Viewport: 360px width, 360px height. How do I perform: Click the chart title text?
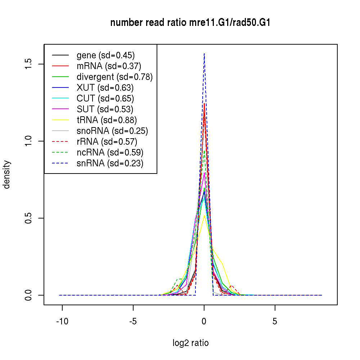190,23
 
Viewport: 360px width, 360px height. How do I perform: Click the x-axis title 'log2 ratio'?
190,343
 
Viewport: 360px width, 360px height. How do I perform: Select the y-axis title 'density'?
7,175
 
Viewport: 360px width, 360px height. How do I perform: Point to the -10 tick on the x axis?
62,321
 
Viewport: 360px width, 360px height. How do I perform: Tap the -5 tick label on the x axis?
133,321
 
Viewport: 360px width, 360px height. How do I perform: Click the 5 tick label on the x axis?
275,321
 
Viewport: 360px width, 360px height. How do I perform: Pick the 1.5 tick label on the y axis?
28,64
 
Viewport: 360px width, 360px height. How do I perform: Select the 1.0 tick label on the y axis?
28,141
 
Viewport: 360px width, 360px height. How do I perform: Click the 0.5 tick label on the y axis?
28,218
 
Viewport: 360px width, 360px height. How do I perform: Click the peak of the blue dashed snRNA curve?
204,54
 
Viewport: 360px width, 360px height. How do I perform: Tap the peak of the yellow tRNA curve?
204,216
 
